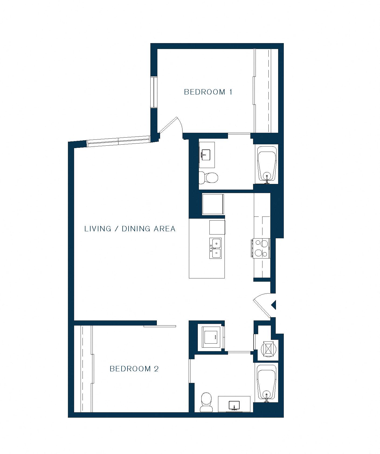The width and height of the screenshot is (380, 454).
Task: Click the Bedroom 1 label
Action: click(x=208, y=92)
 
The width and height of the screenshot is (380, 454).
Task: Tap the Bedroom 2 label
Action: click(x=134, y=369)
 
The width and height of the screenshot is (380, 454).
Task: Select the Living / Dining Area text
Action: click(x=130, y=229)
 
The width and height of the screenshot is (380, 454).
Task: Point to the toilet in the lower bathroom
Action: click(x=206, y=402)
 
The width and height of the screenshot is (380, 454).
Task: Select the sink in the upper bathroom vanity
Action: click(x=206, y=155)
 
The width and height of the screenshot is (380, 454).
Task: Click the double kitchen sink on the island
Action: click(x=216, y=248)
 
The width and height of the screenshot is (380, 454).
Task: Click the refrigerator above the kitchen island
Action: click(x=213, y=204)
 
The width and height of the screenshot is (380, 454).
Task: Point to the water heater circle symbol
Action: click(x=269, y=349)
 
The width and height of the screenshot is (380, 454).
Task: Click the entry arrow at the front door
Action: click(x=274, y=305)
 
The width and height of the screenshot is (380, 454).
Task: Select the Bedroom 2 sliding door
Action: click(x=160, y=326)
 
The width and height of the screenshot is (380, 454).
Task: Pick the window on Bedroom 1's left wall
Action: click(x=154, y=92)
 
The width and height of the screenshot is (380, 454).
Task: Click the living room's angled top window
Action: click(x=118, y=141)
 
